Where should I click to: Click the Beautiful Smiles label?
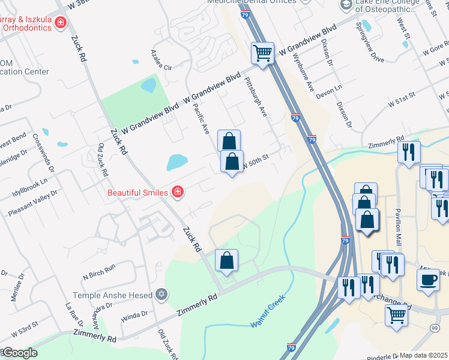136,193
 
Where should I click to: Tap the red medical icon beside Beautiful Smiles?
177,192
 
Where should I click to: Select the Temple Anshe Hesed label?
113,295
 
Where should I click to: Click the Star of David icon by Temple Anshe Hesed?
161,294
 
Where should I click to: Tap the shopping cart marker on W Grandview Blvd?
262,53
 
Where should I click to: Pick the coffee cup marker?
429,280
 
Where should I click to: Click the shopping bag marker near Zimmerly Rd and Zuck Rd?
226,261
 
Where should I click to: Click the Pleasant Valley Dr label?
32,204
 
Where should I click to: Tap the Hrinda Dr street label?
134,316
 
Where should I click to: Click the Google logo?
19,353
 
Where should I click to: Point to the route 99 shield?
434,328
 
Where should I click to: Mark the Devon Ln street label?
329,88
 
